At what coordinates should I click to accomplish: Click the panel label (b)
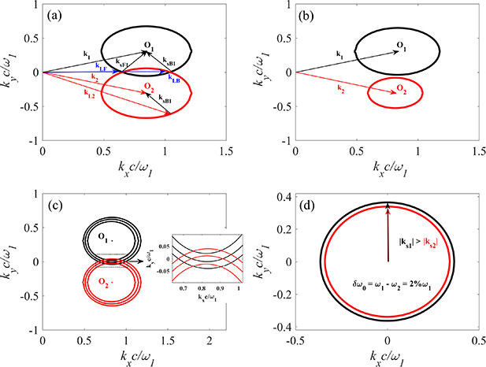pos(306,15)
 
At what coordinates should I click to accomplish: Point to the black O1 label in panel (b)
pos(400,46)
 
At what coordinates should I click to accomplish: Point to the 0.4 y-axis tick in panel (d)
pos(283,196)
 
